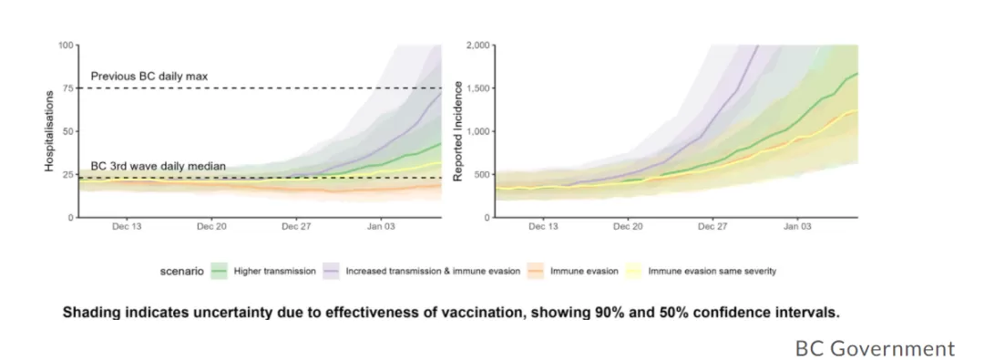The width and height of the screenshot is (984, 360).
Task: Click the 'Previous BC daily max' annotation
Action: coord(149,77)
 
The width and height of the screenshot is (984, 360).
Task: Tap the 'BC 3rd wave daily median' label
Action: coord(159,167)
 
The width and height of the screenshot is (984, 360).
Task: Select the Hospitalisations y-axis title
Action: coord(49,130)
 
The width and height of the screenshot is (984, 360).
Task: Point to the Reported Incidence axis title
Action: coord(458,130)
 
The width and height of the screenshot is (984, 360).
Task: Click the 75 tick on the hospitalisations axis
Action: coord(67,88)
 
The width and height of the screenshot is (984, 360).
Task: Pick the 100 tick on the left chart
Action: coord(65,46)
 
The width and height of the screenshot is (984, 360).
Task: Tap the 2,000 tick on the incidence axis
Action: coord(478,46)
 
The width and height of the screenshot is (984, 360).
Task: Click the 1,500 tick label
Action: coord(478,88)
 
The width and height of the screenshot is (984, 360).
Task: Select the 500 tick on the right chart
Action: coord(481,175)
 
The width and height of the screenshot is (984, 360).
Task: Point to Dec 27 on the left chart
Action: coord(297,227)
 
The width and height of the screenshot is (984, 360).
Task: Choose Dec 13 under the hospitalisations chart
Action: coord(126,227)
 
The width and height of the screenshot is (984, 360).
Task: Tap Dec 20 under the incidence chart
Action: coord(628,227)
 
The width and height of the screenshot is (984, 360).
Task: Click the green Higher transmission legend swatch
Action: coord(219,272)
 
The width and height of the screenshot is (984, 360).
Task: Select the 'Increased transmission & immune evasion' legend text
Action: coord(433,272)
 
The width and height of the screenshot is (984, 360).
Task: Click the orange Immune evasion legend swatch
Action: coord(536,272)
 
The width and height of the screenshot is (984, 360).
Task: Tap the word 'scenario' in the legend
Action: coord(182,272)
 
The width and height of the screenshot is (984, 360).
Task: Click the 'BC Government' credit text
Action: coord(875,348)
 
